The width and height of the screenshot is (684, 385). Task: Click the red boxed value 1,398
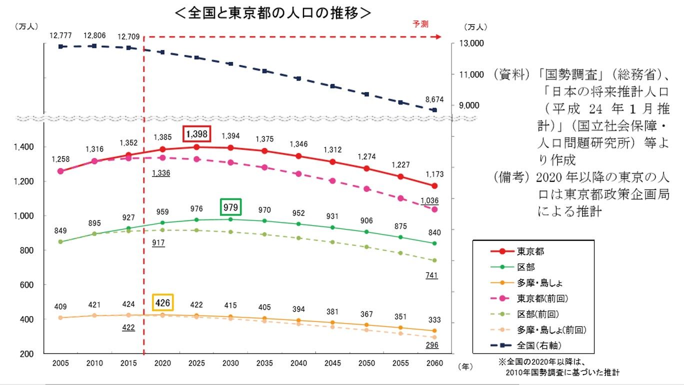click(196, 134)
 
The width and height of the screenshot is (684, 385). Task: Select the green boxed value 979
click(230, 207)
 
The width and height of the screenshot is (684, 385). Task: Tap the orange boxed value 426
click(162, 302)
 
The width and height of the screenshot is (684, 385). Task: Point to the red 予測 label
click(420, 24)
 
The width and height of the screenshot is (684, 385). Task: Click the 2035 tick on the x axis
click(265, 363)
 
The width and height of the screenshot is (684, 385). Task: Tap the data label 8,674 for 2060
click(434, 99)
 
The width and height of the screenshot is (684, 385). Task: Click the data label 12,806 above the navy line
click(93, 35)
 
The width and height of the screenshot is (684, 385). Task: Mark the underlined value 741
click(431, 275)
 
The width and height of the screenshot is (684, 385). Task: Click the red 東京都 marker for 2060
click(434, 186)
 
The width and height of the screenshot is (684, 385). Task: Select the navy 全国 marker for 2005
click(60, 46)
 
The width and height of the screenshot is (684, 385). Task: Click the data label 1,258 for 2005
click(60, 159)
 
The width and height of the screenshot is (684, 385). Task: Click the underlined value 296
click(431, 344)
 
